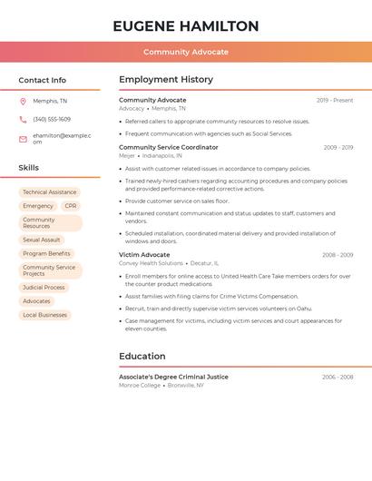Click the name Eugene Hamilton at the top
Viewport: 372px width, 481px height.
[186, 26]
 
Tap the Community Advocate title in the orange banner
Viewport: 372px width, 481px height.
[186, 52]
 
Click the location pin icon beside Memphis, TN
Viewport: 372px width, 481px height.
[23, 101]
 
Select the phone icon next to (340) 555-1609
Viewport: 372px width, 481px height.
[23, 119]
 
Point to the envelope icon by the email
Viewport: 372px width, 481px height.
[23, 139]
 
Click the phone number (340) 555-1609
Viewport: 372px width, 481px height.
[52, 119]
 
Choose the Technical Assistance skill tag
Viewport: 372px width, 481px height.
[49, 192]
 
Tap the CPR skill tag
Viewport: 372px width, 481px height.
[70, 206]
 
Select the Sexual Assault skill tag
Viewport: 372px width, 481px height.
[41, 240]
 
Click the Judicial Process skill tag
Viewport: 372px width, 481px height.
[44, 288]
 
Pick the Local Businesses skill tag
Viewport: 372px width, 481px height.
[44, 315]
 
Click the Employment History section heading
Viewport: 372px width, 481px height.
[166, 80]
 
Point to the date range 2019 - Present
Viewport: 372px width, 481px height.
[335, 100]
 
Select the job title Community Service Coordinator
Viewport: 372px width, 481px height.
[169, 147]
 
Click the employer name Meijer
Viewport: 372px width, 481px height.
[127, 155]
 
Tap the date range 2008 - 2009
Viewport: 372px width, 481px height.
[338, 255]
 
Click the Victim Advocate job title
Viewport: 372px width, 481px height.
[144, 255]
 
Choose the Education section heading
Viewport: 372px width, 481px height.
[142, 356]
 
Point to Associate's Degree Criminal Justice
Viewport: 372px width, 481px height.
[173, 377]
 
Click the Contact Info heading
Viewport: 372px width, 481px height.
[43, 80]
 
